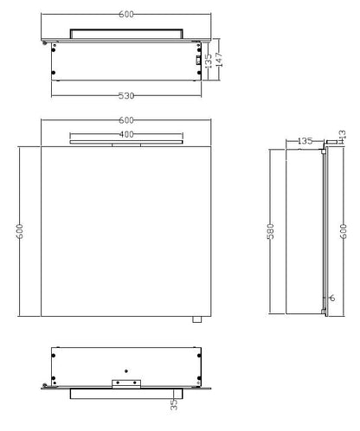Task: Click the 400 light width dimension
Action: (126, 134)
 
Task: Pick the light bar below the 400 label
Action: (126, 142)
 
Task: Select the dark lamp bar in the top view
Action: (126, 32)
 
